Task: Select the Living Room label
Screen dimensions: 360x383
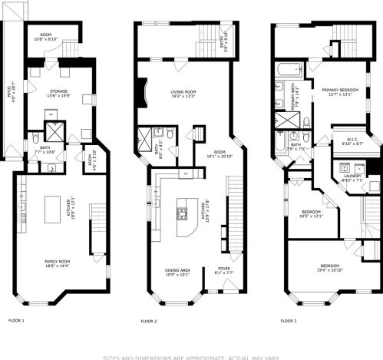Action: tap(183, 94)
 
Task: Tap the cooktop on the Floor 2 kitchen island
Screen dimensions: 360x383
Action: tap(183, 210)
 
